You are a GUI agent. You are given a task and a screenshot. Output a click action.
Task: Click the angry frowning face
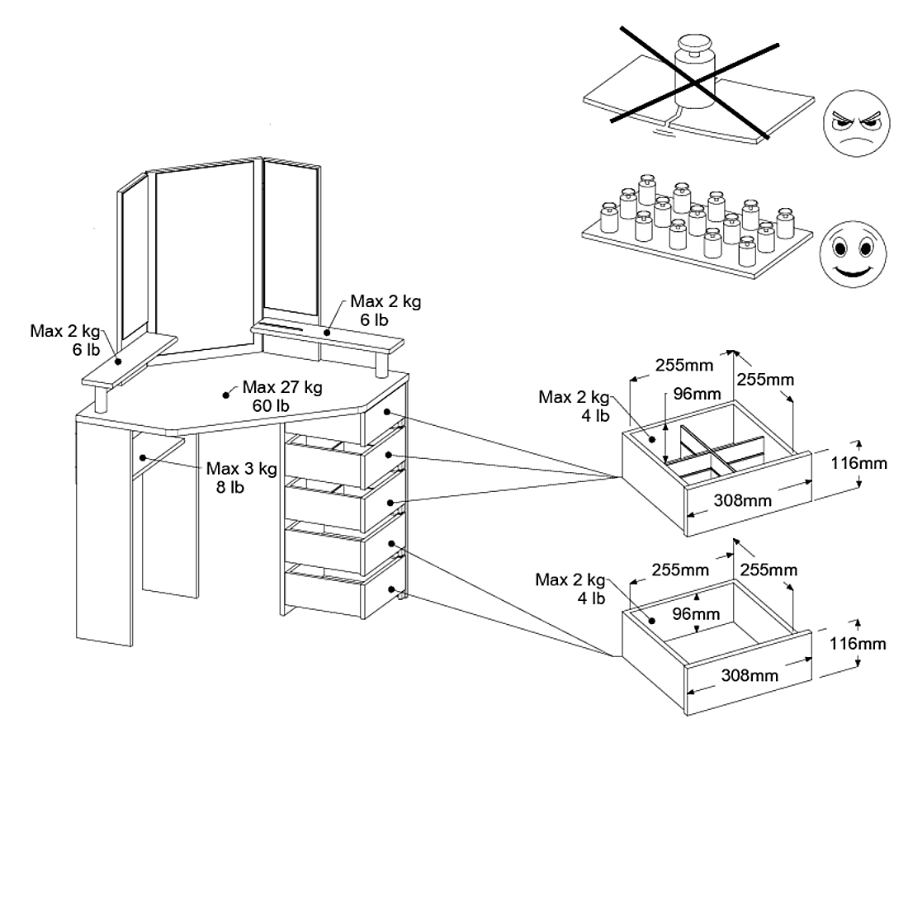pos(857,125)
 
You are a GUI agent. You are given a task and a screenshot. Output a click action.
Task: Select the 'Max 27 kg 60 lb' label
pos(281,395)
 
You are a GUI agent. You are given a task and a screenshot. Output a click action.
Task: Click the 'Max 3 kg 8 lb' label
pos(241,477)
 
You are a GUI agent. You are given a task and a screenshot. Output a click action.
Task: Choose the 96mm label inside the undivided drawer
pos(695,613)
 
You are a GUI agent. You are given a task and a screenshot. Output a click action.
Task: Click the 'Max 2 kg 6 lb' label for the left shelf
pos(64,340)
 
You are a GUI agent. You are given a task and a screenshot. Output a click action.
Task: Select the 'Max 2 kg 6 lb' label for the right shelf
pos(385,310)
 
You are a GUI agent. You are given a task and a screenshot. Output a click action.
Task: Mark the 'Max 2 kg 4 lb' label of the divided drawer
pos(574,405)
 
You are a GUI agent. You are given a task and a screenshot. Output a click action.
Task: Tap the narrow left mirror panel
pos(134,263)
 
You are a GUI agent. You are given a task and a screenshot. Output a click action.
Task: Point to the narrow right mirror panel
pos(290,239)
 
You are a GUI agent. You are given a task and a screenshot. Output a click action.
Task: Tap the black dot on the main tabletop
pos(226,395)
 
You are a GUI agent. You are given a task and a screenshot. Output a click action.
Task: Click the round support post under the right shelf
pos(381,363)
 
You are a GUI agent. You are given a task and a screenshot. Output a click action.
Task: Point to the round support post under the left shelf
pos(102,400)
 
